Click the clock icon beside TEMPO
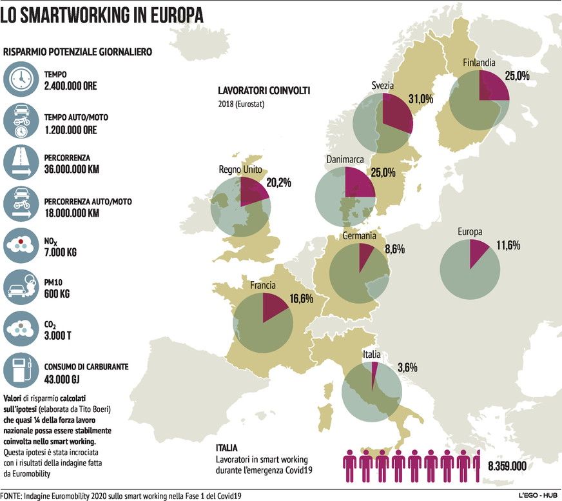[21, 78]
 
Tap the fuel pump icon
[21, 371]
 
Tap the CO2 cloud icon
[21, 328]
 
